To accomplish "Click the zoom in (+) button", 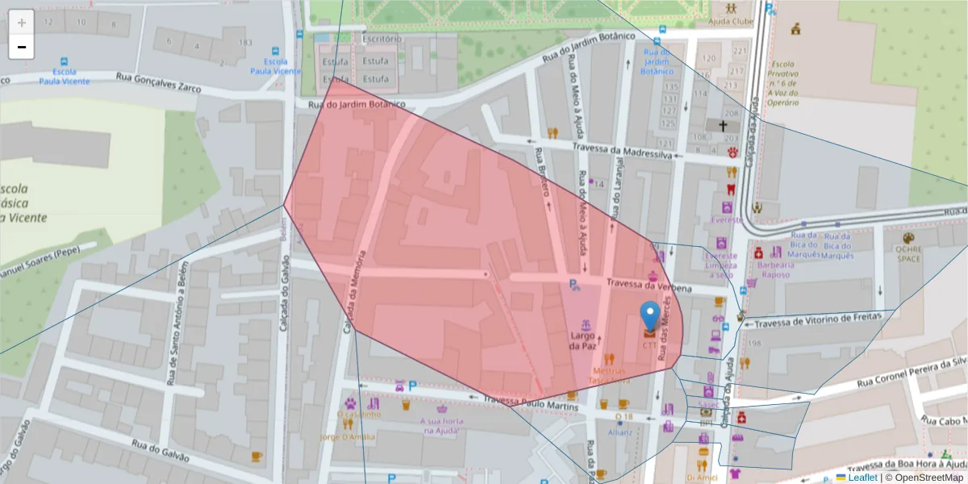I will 22,23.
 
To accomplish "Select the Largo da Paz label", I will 582,340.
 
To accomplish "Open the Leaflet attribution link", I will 862,478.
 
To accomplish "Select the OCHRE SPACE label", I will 908,254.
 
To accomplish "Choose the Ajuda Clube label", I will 731,23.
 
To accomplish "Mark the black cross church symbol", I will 723,126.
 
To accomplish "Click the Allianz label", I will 620,432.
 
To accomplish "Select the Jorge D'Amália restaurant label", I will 348,437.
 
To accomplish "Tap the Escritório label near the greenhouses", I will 382,39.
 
